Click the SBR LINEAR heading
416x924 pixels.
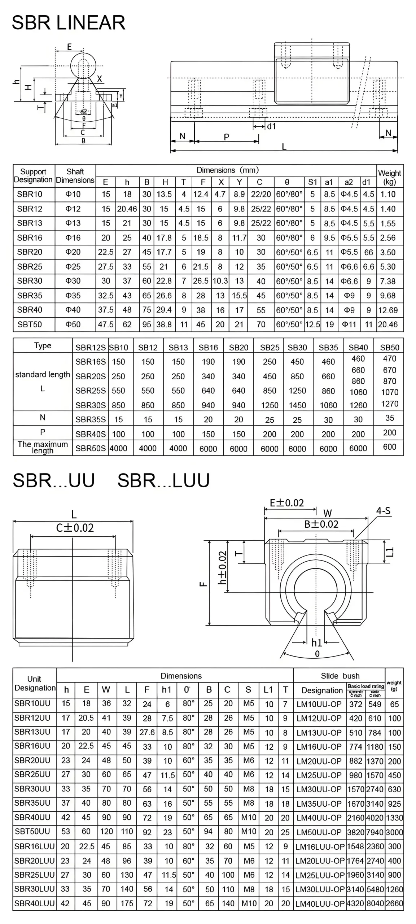tap(69, 22)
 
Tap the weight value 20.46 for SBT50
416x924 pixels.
tap(388, 324)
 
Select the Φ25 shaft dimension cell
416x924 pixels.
tap(73, 267)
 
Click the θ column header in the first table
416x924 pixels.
tap(287, 182)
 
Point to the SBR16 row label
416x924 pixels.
tap(30, 238)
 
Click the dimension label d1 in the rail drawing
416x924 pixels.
tap(271, 126)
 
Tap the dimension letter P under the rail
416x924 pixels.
tap(227, 137)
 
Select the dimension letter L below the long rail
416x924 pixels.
tap(284, 147)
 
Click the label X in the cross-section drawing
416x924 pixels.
tap(100, 79)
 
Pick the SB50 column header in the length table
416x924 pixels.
tap(389, 348)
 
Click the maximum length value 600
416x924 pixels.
tap(389, 447)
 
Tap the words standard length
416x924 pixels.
tap(43, 375)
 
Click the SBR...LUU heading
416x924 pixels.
tap(163, 480)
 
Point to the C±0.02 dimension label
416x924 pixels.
tap(75, 528)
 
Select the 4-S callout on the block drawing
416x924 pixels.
tap(383, 511)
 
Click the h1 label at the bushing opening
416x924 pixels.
tap(317, 642)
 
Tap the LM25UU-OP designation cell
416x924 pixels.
tap(319, 775)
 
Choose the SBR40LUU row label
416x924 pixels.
tap(34, 903)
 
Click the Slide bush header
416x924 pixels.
tap(340, 676)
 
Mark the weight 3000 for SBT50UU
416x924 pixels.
tap(394, 832)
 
